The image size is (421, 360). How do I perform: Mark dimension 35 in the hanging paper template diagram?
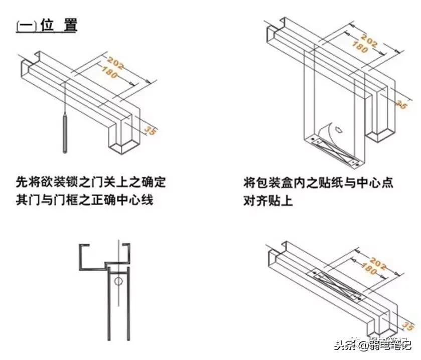tap(401, 103)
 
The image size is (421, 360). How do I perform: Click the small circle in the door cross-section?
tap(118, 281)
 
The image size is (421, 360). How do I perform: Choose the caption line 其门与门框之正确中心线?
tap(84, 200)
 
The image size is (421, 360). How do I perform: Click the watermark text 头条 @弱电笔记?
tap(372, 345)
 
